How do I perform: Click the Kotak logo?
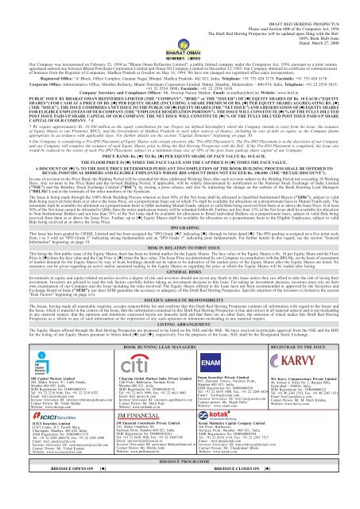coord(200,463)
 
